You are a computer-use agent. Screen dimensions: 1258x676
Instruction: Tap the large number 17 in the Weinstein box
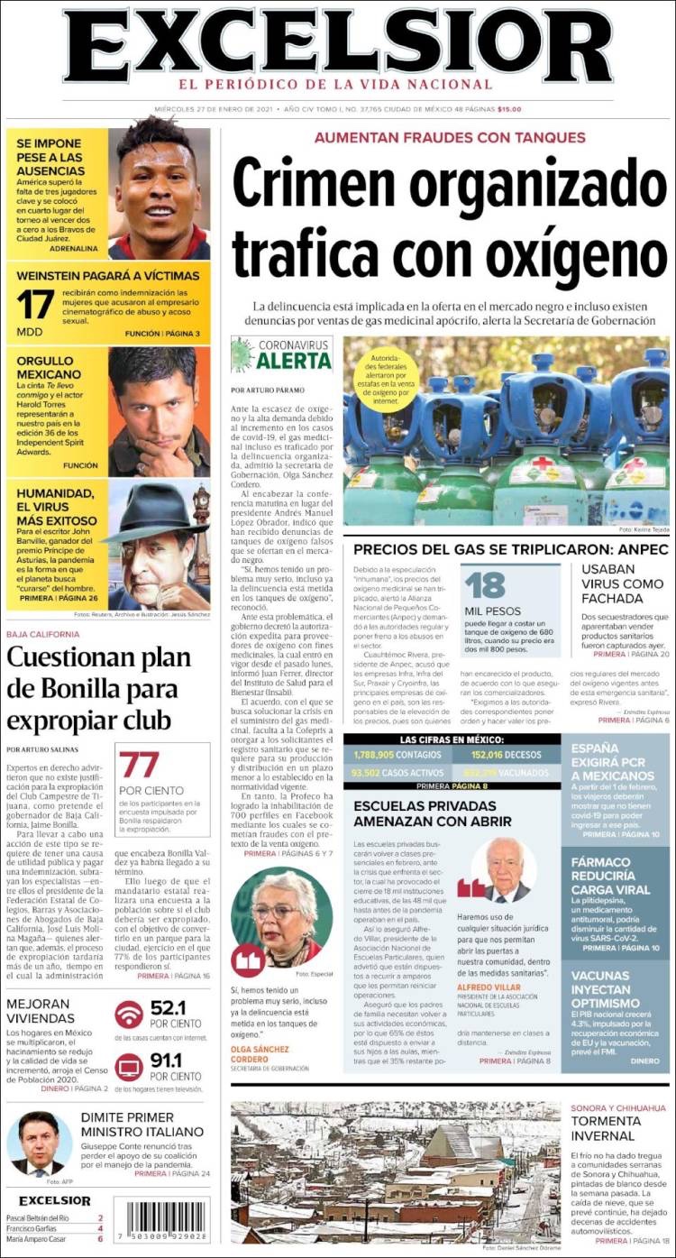click(x=35, y=306)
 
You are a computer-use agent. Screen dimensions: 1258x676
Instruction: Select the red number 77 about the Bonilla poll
click(x=140, y=766)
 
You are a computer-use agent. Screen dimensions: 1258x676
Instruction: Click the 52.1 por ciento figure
click(x=167, y=1008)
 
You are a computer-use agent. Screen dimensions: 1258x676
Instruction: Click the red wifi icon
click(x=129, y=1015)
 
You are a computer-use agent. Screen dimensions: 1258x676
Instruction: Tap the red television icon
click(x=129, y=1066)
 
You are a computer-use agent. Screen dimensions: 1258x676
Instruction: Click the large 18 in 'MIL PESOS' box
click(x=485, y=585)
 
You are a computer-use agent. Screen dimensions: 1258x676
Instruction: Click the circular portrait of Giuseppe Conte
click(x=39, y=1142)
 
